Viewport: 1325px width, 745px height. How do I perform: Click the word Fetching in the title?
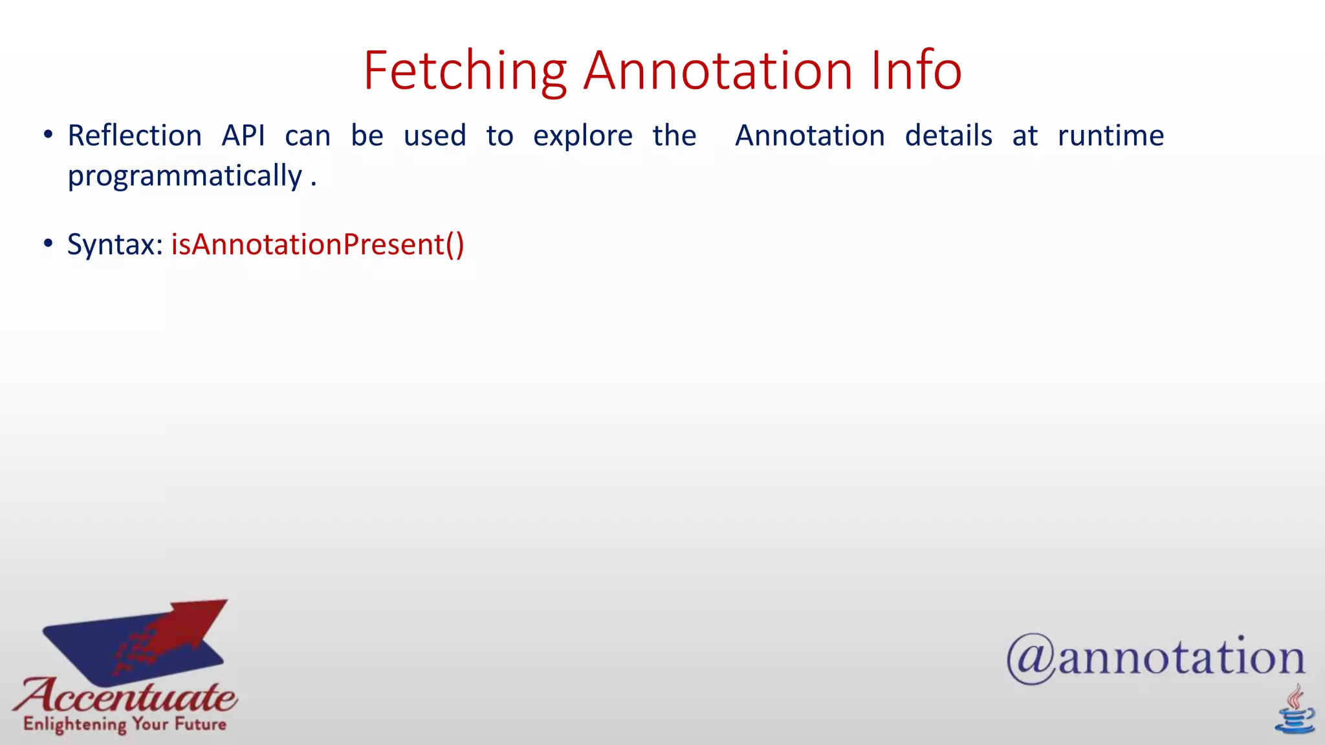click(465, 71)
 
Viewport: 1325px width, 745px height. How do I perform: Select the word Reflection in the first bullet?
click(135, 136)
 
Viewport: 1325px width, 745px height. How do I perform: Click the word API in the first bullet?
click(243, 136)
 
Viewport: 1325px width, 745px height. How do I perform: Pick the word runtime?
click(1110, 136)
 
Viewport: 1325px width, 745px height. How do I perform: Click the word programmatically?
click(185, 177)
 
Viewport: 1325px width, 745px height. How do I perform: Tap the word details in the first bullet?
click(948, 136)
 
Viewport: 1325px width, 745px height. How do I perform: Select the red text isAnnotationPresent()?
click(317, 244)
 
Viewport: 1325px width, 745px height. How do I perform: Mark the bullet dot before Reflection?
click(48, 135)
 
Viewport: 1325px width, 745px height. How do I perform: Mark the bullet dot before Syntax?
click(48, 244)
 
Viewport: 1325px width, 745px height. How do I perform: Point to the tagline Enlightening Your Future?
click(125, 724)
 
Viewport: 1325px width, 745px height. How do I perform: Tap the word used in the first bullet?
click(434, 136)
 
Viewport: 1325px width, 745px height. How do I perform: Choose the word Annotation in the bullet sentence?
click(809, 136)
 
